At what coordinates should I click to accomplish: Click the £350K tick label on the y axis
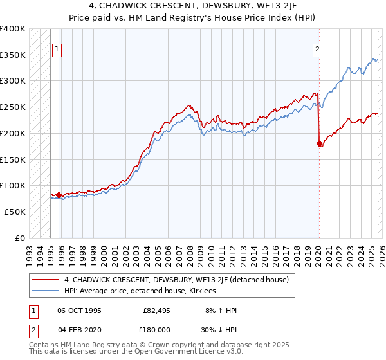click(x=13, y=55)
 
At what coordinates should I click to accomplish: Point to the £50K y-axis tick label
click(x=15, y=211)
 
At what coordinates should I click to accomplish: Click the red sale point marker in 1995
click(x=59, y=194)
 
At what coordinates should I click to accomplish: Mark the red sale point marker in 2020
click(x=319, y=143)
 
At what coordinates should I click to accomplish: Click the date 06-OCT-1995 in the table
click(x=79, y=310)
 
